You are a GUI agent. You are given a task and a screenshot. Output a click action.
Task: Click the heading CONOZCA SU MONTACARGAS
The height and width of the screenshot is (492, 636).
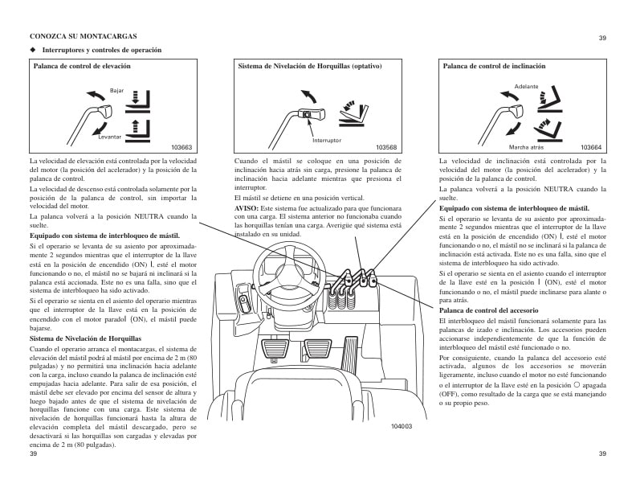(x=83, y=37)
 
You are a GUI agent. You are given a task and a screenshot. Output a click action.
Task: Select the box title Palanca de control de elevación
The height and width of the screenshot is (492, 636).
(x=81, y=67)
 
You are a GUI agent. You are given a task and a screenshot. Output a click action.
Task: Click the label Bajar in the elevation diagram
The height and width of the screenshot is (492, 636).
(x=116, y=91)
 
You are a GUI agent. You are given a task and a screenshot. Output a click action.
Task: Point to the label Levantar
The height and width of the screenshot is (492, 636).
(x=109, y=137)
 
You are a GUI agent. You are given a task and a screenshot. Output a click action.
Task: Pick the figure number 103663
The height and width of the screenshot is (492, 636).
(x=182, y=147)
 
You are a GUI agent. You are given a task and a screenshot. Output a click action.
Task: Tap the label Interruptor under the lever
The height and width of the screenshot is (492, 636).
(x=326, y=140)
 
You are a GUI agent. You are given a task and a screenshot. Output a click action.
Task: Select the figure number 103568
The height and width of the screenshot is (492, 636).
(x=387, y=147)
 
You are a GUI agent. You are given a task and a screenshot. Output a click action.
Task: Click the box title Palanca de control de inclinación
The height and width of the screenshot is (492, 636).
(x=494, y=67)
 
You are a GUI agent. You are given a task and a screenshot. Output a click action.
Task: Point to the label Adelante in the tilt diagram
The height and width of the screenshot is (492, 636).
(x=526, y=86)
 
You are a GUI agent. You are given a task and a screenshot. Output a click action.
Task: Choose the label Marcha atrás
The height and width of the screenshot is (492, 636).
(x=526, y=147)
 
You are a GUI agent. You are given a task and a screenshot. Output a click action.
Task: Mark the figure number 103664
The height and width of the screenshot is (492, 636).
(x=591, y=147)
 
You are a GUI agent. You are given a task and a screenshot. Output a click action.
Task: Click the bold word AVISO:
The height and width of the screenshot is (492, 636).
(x=247, y=208)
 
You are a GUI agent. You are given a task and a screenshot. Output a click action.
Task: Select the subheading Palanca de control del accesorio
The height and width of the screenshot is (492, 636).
(x=488, y=310)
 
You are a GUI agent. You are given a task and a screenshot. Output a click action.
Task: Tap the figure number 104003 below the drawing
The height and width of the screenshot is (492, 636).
(x=401, y=425)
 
